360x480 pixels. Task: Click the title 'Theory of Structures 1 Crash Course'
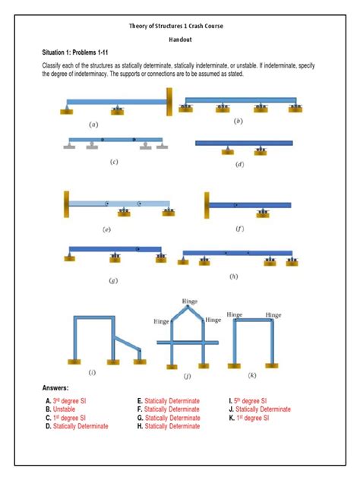[x=180, y=26]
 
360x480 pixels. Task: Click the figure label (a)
[x=93, y=123]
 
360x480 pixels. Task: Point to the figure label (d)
[x=239, y=163]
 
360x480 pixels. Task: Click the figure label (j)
[x=187, y=375]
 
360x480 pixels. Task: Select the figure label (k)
[x=251, y=374]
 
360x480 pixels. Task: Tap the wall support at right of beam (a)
[x=170, y=99]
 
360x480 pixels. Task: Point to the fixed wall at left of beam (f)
[x=206, y=204]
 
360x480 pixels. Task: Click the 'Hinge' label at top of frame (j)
[x=189, y=302]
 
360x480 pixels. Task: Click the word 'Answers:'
[x=60, y=387]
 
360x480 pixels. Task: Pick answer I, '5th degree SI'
[x=251, y=400]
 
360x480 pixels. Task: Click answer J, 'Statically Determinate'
[x=263, y=409]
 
